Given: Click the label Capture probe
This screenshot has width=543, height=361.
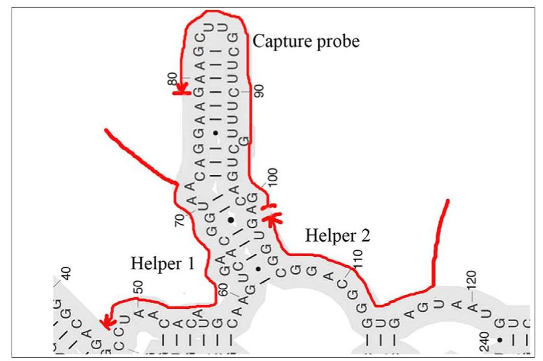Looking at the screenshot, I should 307,41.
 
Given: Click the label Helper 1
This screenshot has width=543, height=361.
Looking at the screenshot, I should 163,264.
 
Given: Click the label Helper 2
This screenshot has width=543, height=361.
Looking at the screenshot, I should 337,236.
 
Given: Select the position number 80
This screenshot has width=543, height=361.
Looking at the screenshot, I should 173,79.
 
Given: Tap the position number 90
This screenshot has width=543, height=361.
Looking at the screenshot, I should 259,91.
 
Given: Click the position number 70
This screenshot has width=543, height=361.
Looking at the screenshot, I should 180,219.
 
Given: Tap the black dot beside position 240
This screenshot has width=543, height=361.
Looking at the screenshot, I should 500,340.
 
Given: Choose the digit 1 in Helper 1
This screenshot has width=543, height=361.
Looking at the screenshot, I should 190,264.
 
